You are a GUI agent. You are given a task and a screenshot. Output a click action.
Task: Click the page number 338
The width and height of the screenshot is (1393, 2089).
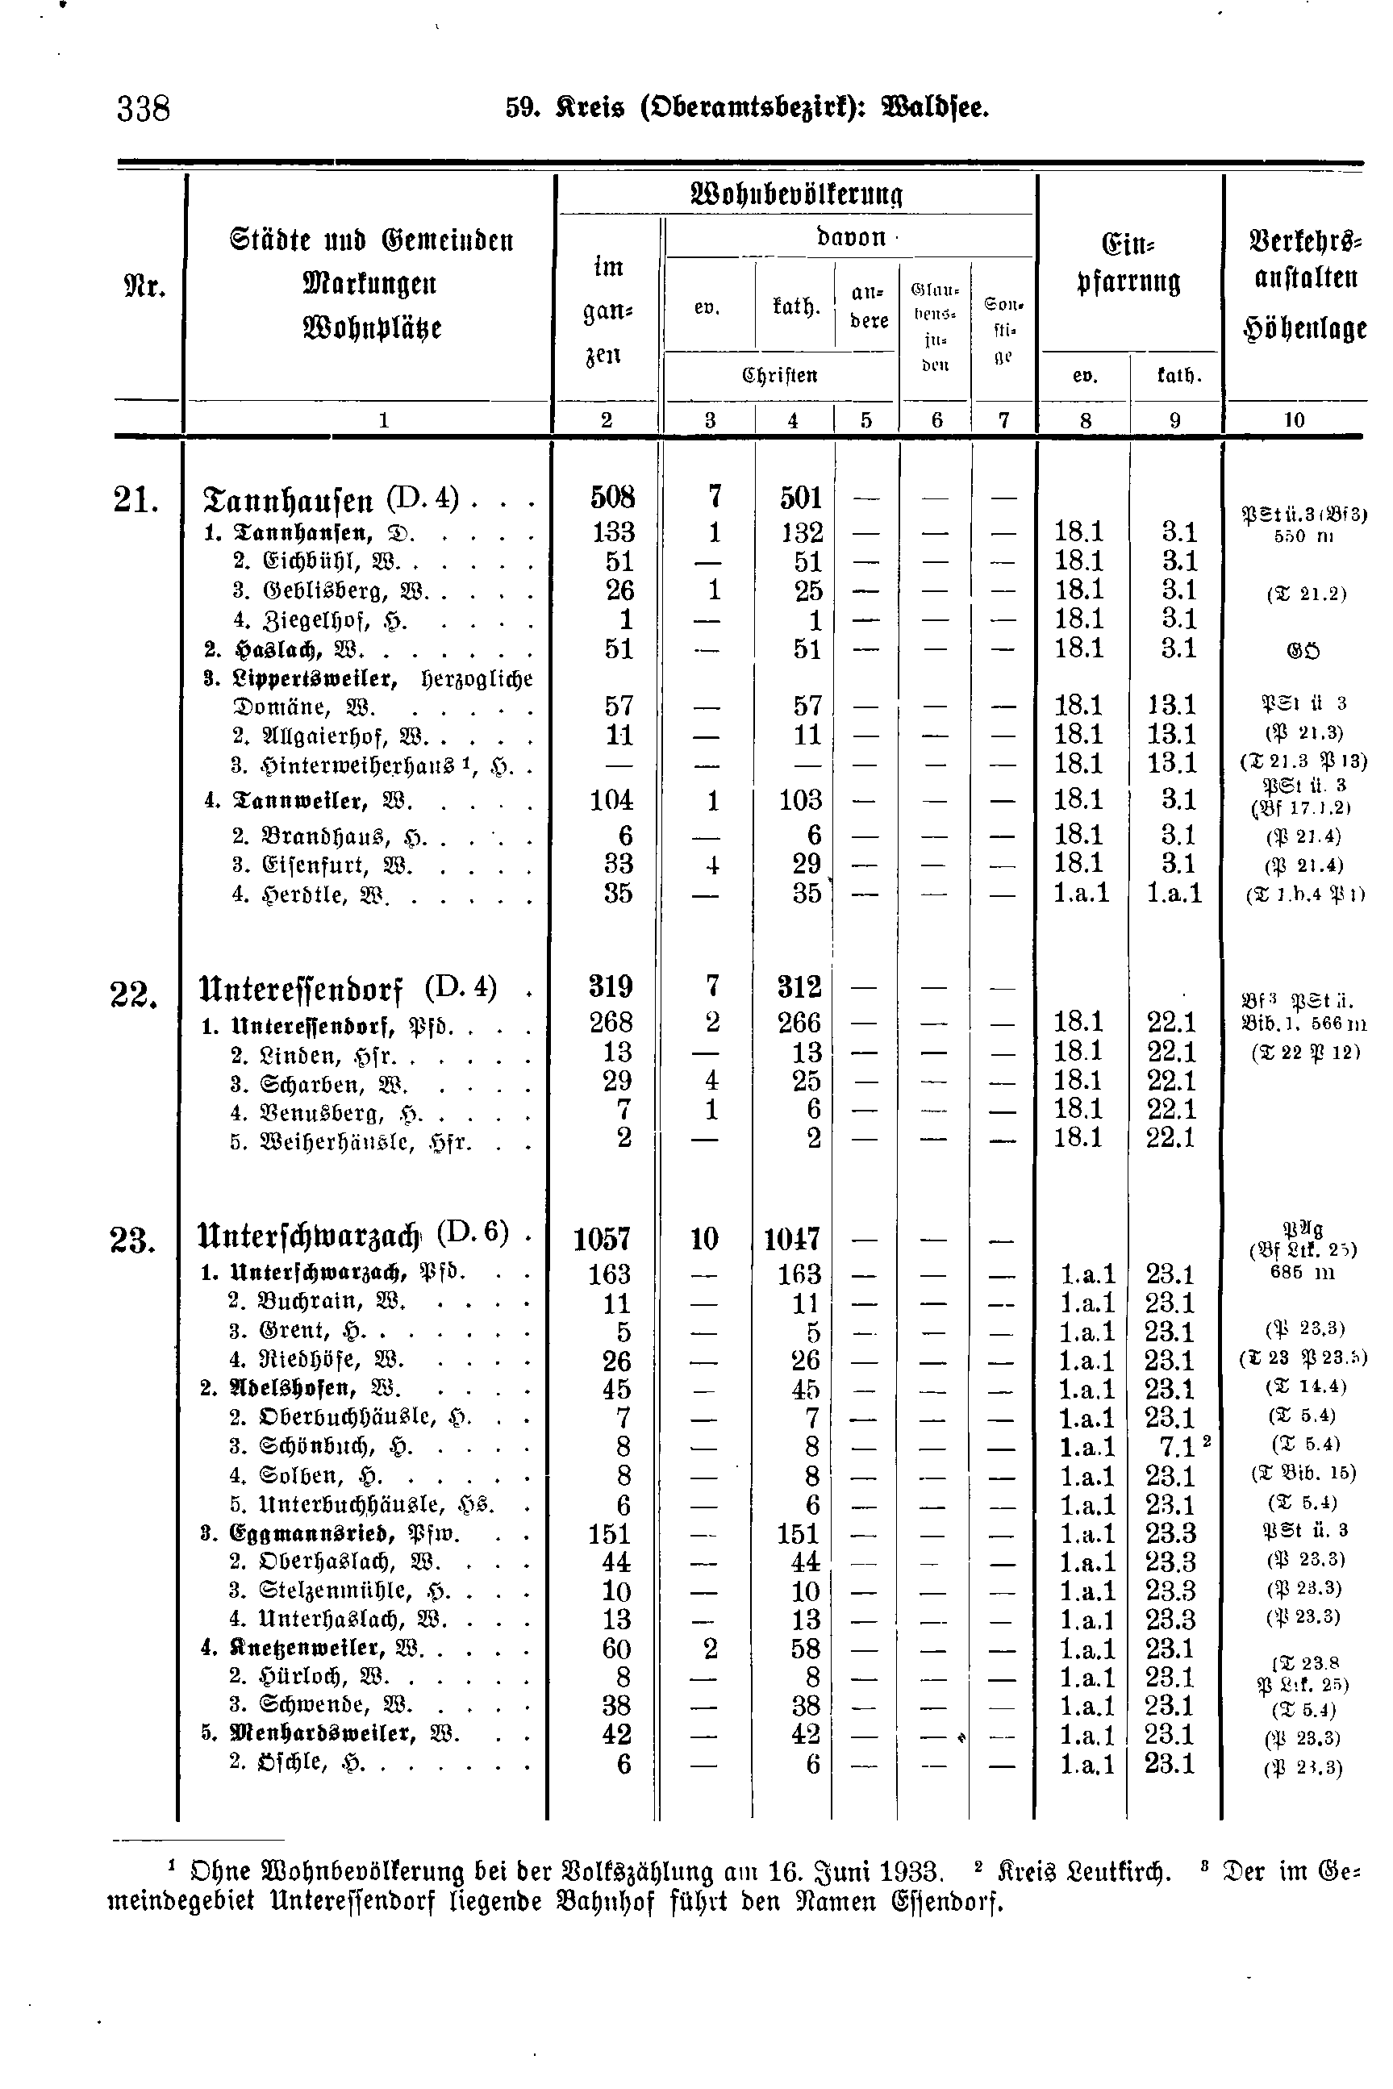[143, 109]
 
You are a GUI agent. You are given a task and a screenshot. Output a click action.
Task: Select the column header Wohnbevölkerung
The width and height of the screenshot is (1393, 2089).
[795, 194]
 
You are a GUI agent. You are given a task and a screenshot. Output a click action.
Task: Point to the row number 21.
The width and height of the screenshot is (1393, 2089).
[135, 500]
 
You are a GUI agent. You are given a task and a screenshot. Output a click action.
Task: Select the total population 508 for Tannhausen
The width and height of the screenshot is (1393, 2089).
[613, 498]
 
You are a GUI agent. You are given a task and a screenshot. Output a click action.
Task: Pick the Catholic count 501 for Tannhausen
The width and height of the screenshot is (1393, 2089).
[800, 498]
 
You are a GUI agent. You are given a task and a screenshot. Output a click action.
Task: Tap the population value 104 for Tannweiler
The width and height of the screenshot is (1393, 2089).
[611, 800]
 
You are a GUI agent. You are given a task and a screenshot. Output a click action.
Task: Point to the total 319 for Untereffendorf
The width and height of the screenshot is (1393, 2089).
[611, 986]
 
